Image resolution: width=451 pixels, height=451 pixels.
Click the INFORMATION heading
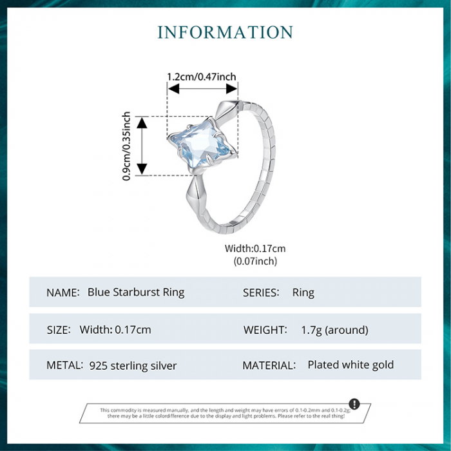tap(225, 32)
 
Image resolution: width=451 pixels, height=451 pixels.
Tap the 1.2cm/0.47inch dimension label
tap(202, 77)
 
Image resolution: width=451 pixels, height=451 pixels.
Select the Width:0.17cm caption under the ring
tap(254, 248)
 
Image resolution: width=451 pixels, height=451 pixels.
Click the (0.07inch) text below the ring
tap(254, 261)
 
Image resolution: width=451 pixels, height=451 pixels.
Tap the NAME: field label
tap(63, 293)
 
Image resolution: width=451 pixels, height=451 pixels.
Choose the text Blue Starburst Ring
tap(136, 292)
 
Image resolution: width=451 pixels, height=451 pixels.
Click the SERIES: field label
tap(261, 293)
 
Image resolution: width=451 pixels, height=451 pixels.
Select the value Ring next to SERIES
tap(303, 293)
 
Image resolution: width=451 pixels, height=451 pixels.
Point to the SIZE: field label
tap(59, 330)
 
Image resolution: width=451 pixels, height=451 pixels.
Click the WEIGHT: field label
tap(265, 330)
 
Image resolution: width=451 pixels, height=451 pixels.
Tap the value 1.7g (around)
tap(334, 330)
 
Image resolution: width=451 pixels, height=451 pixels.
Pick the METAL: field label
tap(65, 365)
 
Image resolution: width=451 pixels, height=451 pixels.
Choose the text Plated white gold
tap(350, 365)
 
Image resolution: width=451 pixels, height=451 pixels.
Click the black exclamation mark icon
tap(354, 405)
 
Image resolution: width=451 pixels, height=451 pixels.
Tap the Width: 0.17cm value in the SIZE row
tap(115, 330)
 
